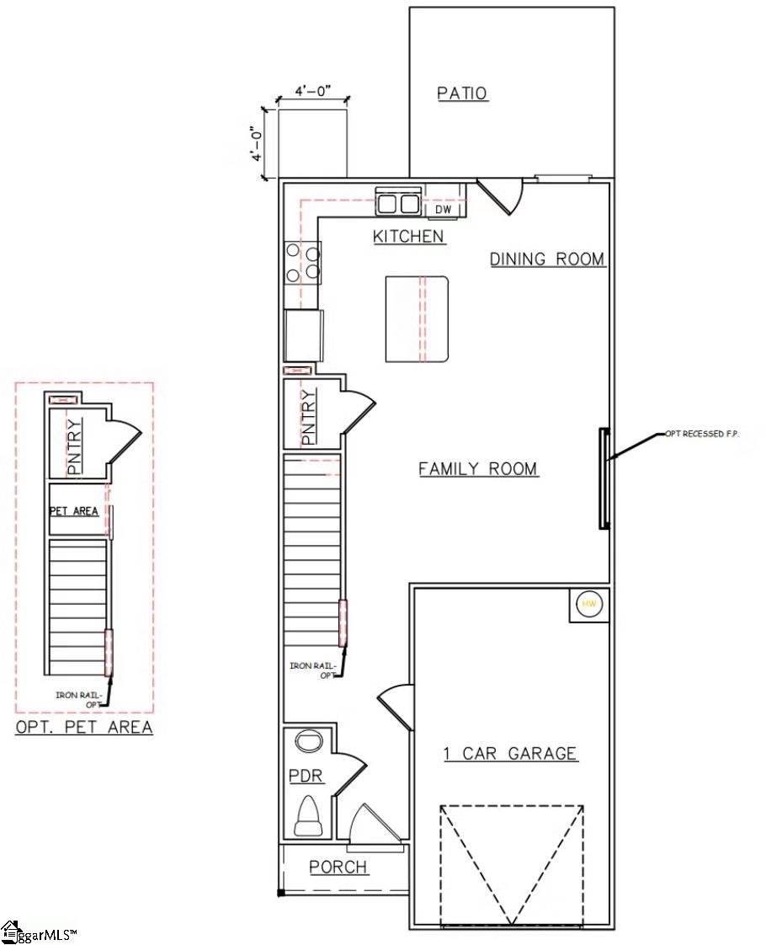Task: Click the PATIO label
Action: click(x=462, y=93)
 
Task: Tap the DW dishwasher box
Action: click(x=444, y=209)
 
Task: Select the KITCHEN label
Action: click(x=408, y=237)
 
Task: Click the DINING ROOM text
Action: click(x=547, y=259)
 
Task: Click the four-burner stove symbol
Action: click(x=303, y=261)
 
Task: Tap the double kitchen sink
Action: click(x=398, y=203)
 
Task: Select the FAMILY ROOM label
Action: click(x=478, y=469)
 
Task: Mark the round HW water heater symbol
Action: click(x=588, y=605)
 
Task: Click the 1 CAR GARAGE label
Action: click(x=510, y=754)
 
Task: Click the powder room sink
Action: click(x=309, y=741)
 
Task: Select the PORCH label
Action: click(x=338, y=868)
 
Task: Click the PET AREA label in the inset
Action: click(x=74, y=510)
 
